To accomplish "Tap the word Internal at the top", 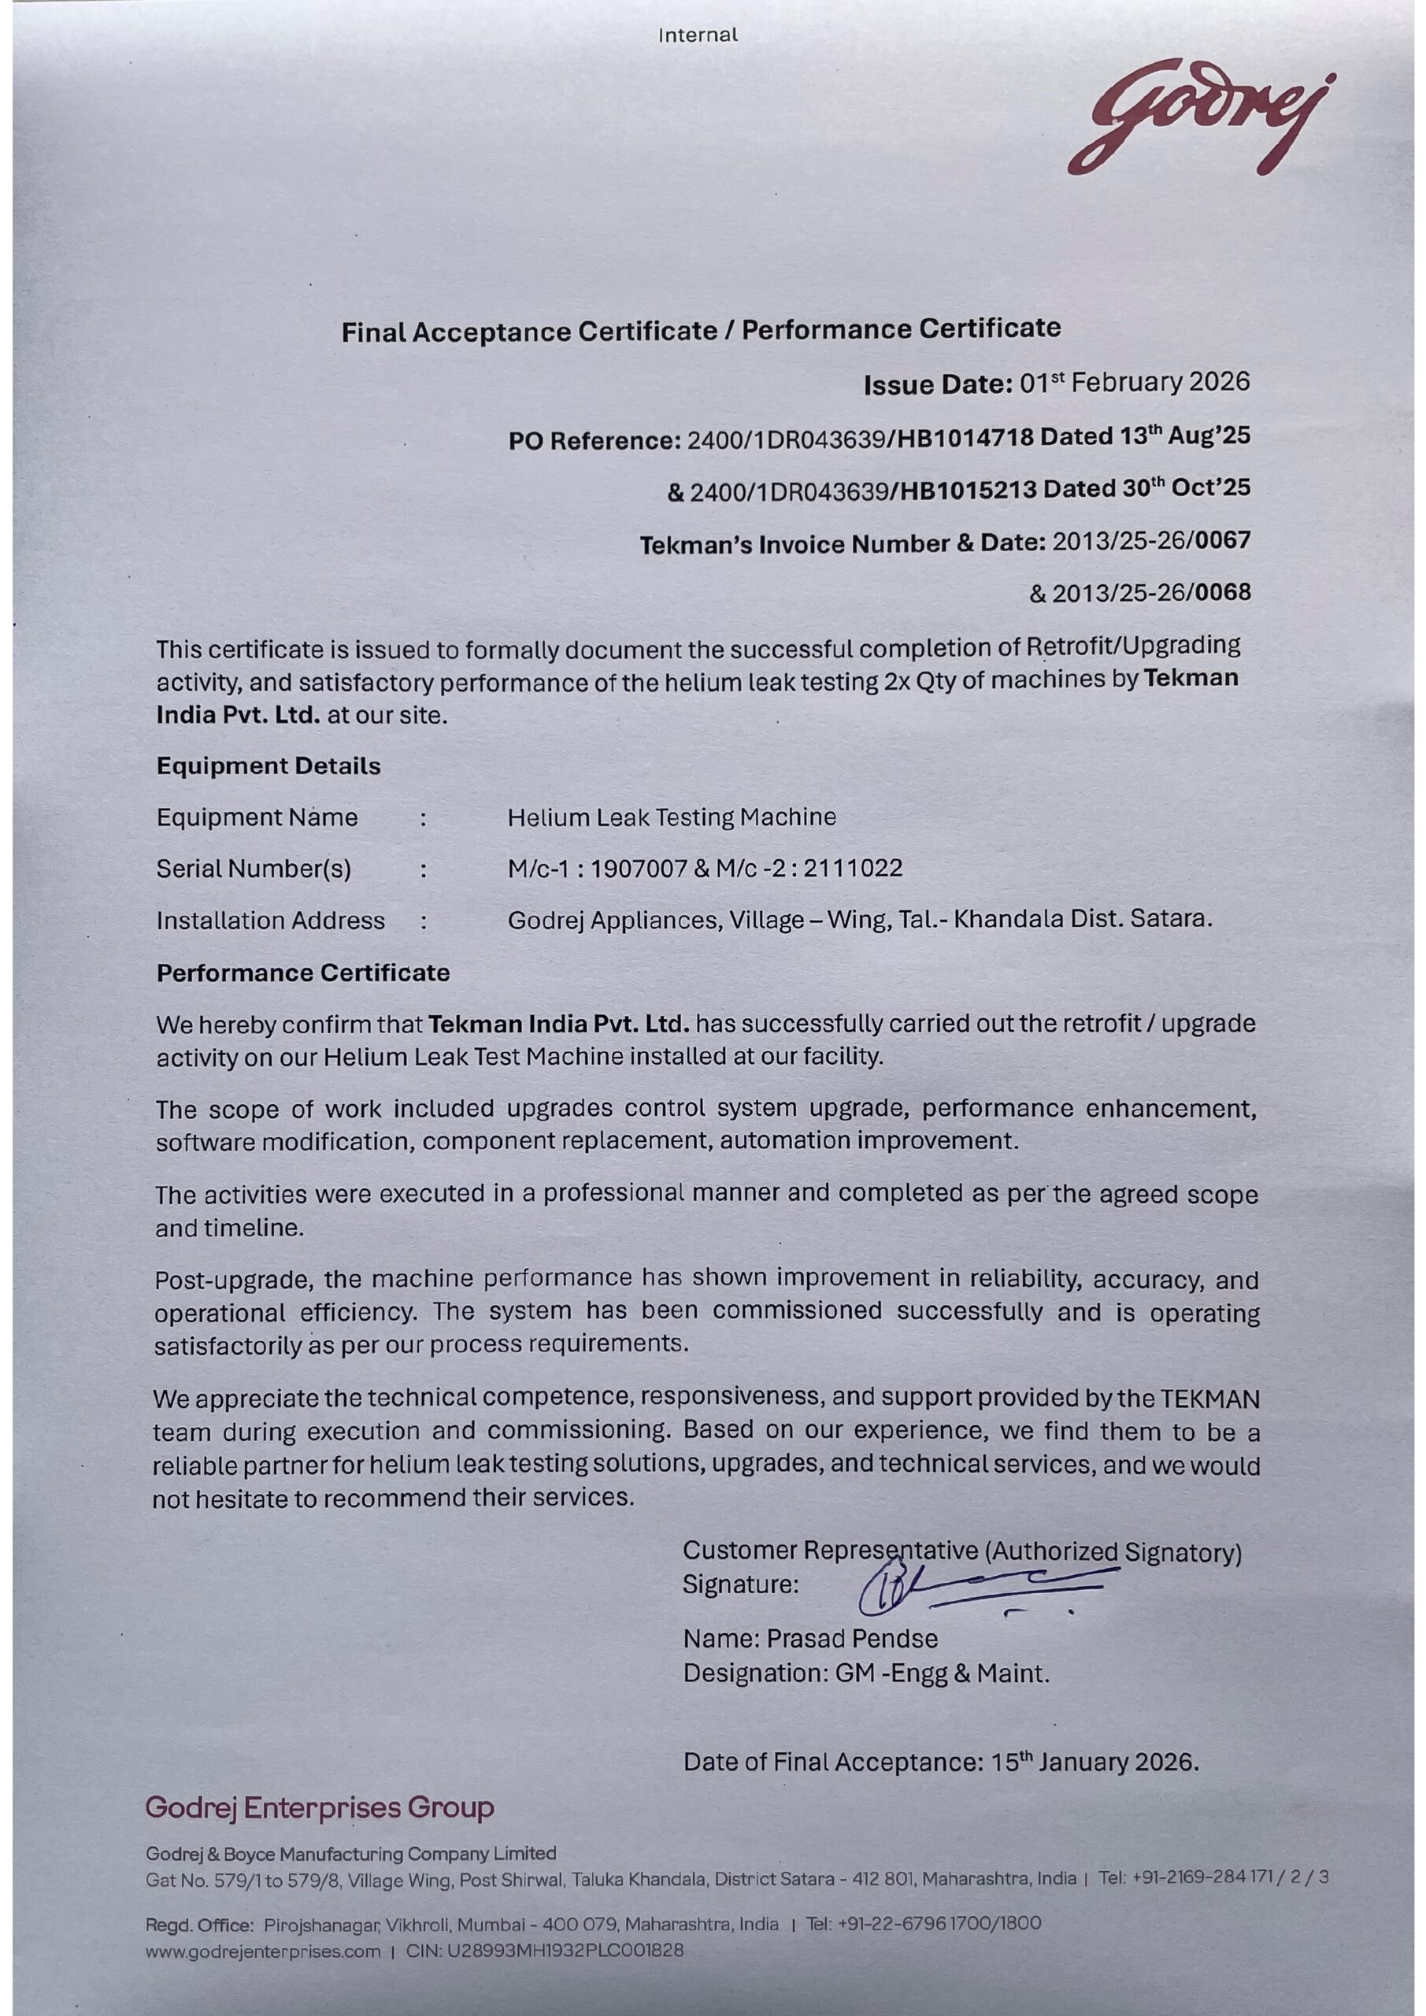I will (x=698, y=36).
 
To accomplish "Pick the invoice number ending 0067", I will (x=1151, y=542).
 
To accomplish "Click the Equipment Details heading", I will (x=269, y=765).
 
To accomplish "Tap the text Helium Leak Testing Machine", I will (x=672, y=817).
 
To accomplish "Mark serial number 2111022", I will (x=853, y=869).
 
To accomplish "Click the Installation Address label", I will (x=270, y=921).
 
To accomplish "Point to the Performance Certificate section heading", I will (x=303, y=973).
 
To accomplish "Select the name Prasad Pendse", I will (x=852, y=1639).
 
